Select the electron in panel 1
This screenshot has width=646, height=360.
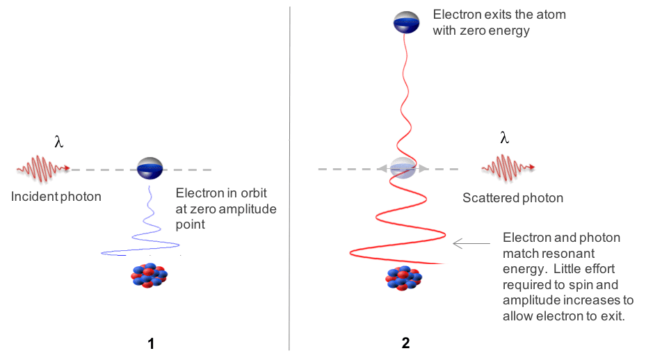pos(150,169)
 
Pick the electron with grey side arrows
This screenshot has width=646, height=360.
pos(403,168)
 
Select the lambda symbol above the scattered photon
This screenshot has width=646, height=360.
pos(505,138)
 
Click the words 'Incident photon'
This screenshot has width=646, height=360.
pos(56,197)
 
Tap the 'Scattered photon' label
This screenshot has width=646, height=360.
pos(513,198)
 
